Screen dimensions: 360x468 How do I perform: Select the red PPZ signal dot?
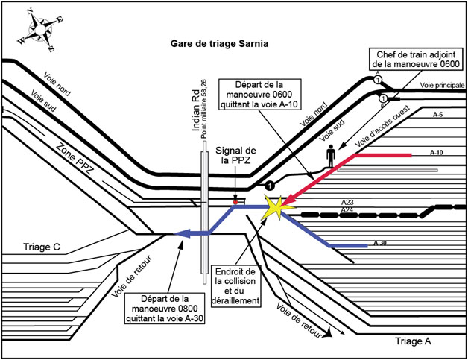pyautogui.click(x=235, y=201)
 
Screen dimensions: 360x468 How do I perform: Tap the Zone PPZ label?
pyautogui.click(x=78, y=162)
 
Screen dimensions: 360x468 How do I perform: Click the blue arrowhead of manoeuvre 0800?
pyautogui.click(x=179, y=234)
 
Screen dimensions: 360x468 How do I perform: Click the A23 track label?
pyautogui.click(x=347, y=203)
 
